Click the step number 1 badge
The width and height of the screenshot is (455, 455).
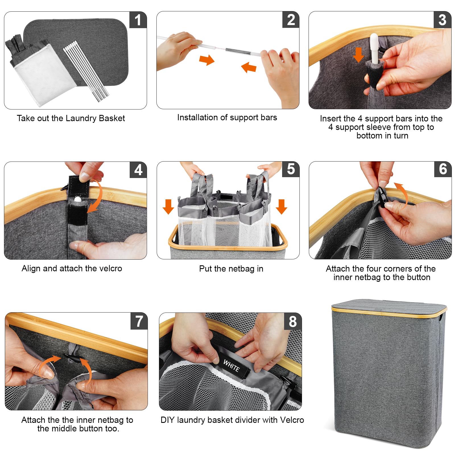(x=138, y=20)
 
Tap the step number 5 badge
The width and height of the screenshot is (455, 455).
(x=291, y=169)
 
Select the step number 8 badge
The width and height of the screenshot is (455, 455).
(x=293, y=322)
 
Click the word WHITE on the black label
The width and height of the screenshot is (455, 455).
(x=231, y=365)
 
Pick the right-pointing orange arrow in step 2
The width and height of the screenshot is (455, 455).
(x=207, y=60)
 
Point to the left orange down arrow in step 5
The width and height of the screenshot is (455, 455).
(x=168, y=206)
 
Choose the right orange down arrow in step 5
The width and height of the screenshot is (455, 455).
(x=282, y=206)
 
